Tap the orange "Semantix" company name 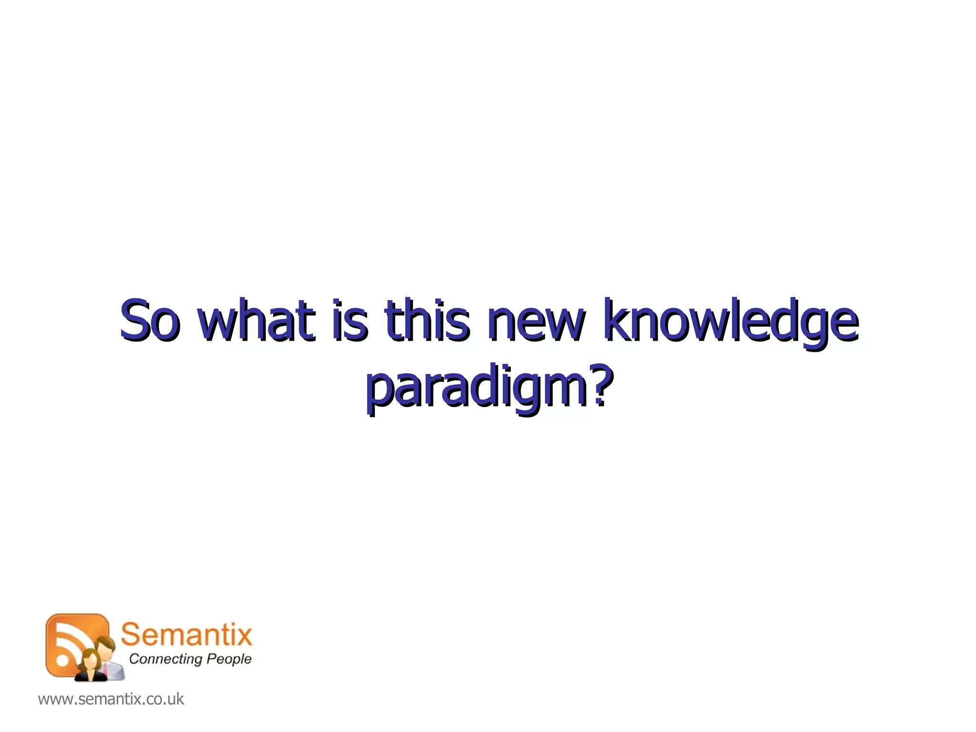pos(186,635)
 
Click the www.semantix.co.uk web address pos(111,699)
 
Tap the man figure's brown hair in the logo pos(105,641)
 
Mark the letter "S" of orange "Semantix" pos(130,635)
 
